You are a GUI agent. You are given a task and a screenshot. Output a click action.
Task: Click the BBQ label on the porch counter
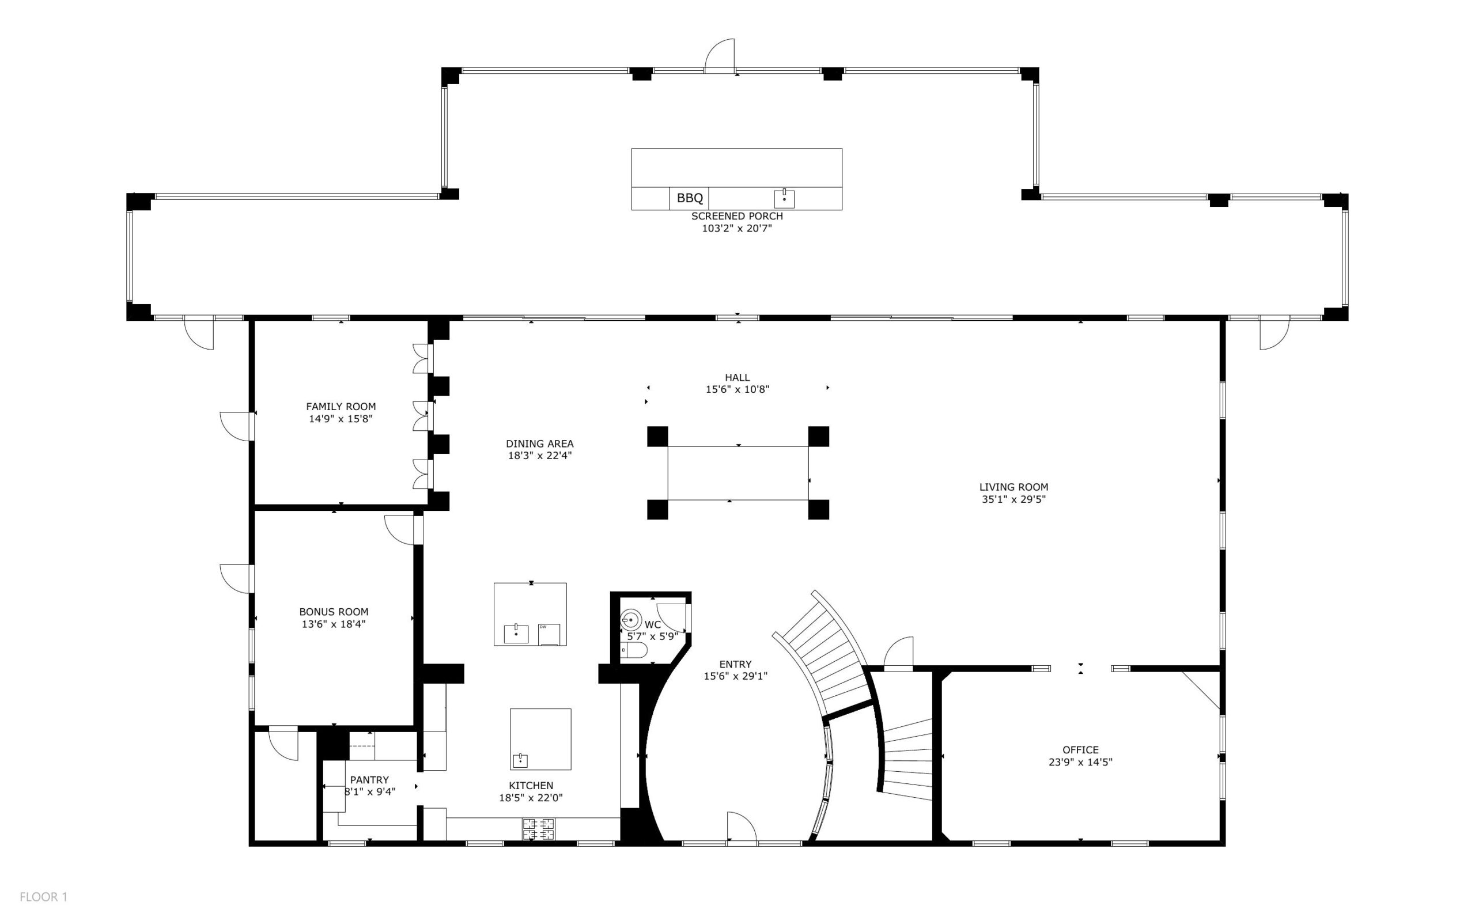[690, 198]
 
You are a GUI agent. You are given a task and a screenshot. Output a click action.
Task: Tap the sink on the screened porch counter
[784, 199]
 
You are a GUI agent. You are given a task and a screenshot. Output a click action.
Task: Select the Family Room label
[341, 406]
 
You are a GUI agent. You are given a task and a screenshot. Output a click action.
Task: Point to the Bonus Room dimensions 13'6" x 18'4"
[333, 624]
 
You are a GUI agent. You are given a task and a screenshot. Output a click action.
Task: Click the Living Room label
[1014, 487]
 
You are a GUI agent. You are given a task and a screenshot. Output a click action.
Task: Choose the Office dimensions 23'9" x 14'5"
[1080, 761]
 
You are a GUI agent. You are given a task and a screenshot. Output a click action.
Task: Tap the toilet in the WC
[634, 651]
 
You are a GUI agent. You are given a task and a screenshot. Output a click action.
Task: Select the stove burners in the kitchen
[539, 828]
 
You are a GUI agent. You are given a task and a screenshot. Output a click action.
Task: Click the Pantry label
[369, 780]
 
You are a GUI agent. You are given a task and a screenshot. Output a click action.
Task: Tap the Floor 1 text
[43, 897]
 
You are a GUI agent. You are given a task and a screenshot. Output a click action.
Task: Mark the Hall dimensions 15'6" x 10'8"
[737, 389]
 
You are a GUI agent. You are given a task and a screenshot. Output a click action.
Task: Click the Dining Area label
[540, 444]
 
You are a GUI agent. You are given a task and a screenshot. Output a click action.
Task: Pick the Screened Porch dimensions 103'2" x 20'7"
[736, 229]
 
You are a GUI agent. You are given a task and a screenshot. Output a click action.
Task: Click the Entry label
[735, 664]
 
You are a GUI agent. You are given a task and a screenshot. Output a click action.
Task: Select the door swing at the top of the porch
[720, 56]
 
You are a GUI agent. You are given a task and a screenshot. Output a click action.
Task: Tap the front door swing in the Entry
[742, 827]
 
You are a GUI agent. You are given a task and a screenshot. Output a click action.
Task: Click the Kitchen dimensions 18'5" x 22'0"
[531, 798]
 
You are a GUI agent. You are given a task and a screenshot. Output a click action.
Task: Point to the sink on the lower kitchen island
[520, 760]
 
